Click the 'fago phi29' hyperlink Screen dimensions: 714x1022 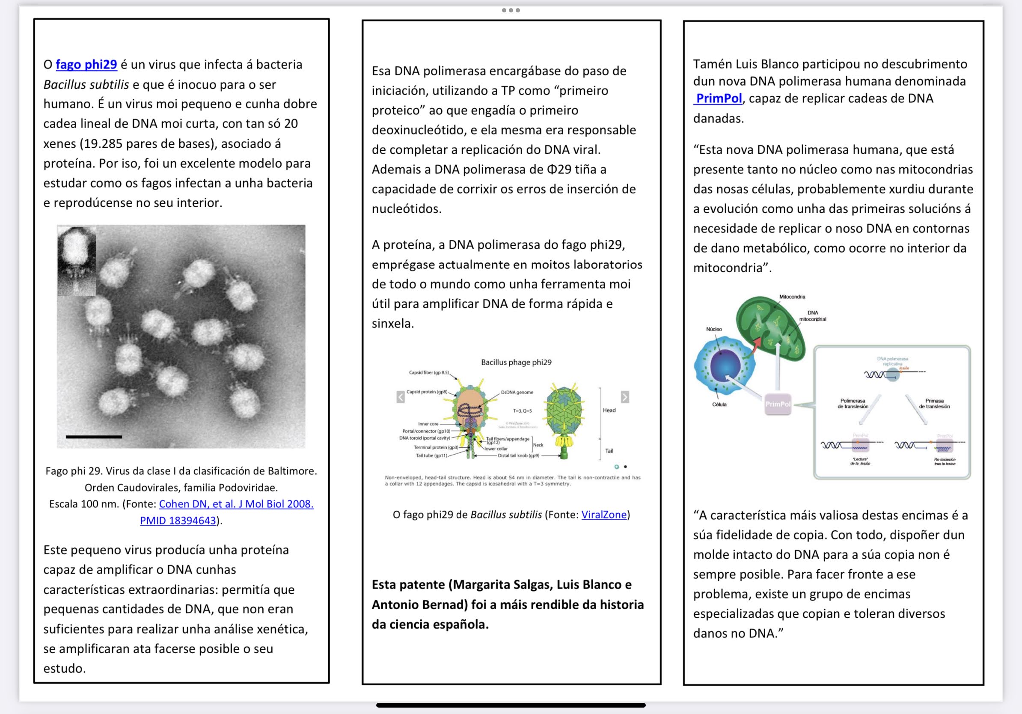tap(86, 65)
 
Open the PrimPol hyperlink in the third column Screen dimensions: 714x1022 tap(719, 98)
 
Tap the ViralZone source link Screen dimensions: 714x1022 tap(603, 515)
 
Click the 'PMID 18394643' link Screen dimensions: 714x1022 tap(178, 521)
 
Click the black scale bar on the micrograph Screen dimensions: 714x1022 tap(94, 437)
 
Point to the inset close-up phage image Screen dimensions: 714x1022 tap(77, 261)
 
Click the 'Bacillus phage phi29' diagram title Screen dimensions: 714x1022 tap(516, 362)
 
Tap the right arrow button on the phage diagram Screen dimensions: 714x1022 tap(625, 397)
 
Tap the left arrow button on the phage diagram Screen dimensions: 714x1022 tap(401, 397)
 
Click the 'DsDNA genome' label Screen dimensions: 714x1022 tap(517, 392)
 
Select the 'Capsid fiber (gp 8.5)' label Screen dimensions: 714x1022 tap(429, 372)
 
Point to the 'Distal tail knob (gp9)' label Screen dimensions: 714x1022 tap(518, 455)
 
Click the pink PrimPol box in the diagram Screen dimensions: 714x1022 tap(778, 404)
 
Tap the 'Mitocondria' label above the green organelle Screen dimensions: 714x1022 tap(792, 297)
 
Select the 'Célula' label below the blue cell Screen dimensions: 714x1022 tap(719, 405)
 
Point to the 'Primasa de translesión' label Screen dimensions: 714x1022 tap(934, 404)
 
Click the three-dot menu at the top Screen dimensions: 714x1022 tap(511, 10)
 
